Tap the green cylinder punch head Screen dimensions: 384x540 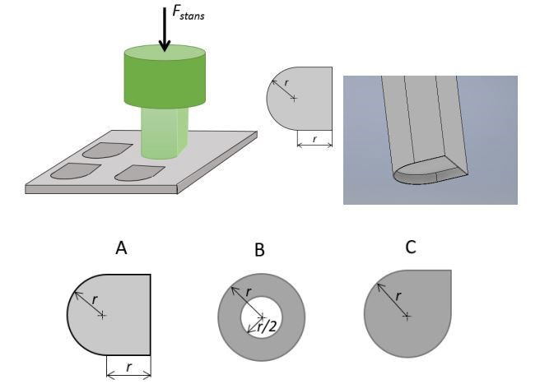[x=164, y=75]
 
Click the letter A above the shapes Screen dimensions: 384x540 [x=121, y=248]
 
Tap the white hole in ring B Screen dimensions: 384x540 [x=261, y=315]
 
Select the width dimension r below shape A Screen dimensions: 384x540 [x=128, y=368]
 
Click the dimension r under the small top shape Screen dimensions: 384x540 [x=314, y=137]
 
